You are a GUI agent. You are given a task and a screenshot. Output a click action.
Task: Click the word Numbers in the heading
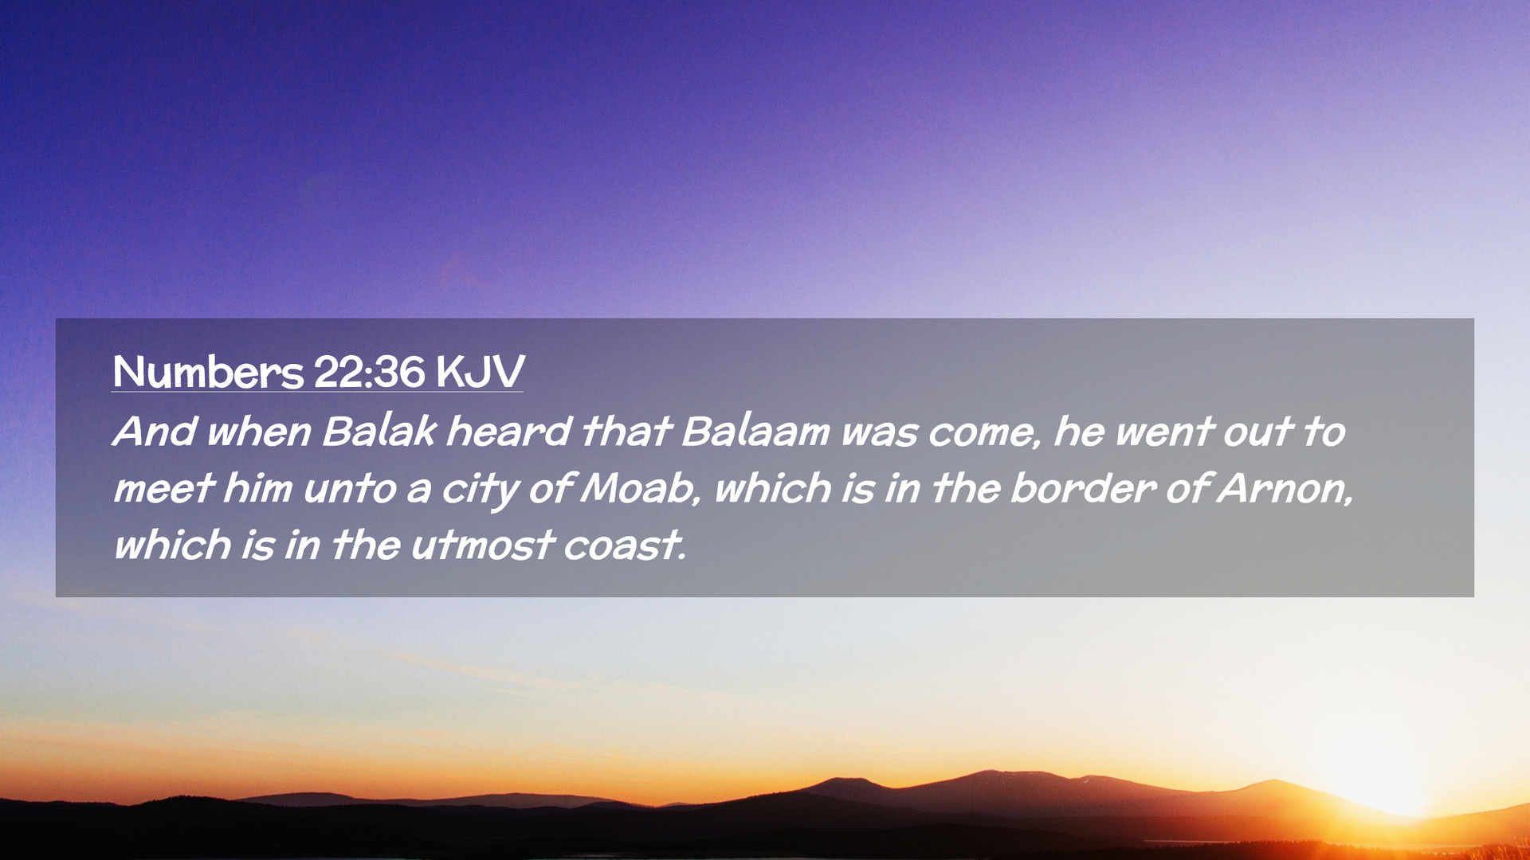(208, 371)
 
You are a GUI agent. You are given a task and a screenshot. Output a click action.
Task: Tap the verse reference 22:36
(370, 371)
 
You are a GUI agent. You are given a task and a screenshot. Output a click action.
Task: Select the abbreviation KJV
(481, 371)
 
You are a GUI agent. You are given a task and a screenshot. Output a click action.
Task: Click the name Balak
(379, 432)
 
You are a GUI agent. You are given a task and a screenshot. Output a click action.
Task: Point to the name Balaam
(755, 432)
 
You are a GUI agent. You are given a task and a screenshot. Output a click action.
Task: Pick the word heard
(508, 432)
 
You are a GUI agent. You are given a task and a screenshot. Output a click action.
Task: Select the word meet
(164, 489)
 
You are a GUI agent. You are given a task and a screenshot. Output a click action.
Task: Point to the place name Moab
(638, 488)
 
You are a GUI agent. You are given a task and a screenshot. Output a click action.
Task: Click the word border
(1083, 488)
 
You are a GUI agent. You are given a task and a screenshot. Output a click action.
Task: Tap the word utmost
(482, 546)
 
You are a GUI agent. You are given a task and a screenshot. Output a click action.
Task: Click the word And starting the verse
(155, 432)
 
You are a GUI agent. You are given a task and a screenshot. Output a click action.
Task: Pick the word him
(257, 488)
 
